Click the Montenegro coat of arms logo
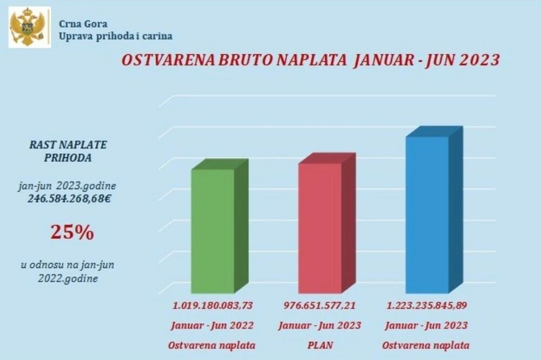pyautogui.click(x=30, y=27)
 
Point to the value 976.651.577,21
pyautogui.click(x=320, y=305)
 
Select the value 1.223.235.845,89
pyautogui.click(x=427, y=305)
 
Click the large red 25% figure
pyautogui.click(x=72, y=232)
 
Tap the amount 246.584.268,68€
pyautogui.click(x=70, y=198)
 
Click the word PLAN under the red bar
pyautogui.click(x=319, y=345)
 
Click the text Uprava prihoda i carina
pyautogui.click(x=116, y=36)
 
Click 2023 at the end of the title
pyautogui.click(x=479, y=60)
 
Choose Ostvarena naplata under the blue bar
pyautogui.click(x=426, y=345)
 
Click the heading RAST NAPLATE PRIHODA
pyautogui.click(x=68, y=151)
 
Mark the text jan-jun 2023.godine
pyautogui.click(x=67, y=186)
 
